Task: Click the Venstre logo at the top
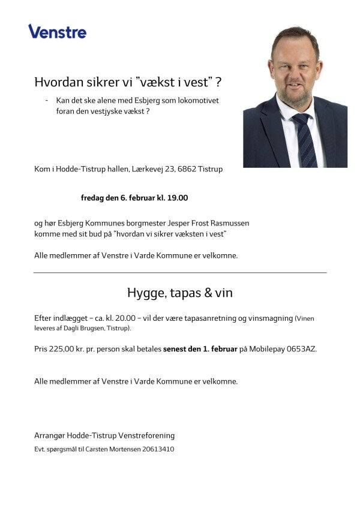[x=57, y=31]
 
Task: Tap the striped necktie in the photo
[x=304, y=141]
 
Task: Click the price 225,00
[x=61, y=348]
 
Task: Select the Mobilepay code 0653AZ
[x=304, y=348]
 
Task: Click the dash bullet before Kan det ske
[x=46, y=100]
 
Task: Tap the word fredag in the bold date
[x=93, y=197]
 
